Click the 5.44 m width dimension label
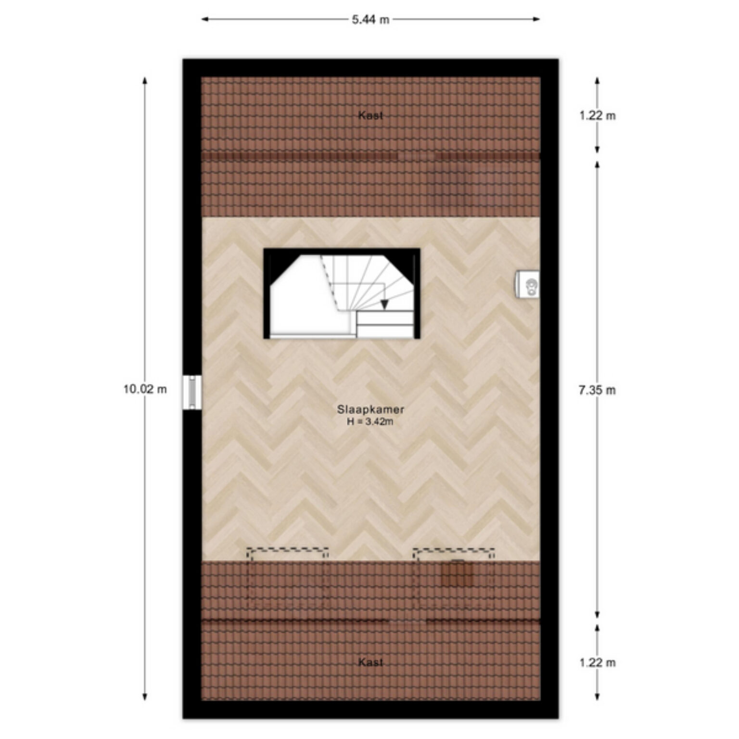click(370, 20)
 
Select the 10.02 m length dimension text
click(145, 389)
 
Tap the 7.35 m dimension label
click(597, 390)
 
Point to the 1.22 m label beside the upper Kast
click(597, 115)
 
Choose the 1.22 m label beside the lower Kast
click(597, 663)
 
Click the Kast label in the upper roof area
click(370, 115)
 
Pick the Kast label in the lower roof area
click(370, 663)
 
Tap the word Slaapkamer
click(370, 410)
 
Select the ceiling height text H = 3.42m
click(370, 422)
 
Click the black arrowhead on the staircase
click(384, 304)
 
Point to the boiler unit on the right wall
click(527, 284)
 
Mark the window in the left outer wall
click(192, 393)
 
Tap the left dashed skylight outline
click(287, 548)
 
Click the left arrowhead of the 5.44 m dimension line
click(204, 20)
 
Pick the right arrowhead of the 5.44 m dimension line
click(536, 20)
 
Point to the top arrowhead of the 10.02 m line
click(145, 80)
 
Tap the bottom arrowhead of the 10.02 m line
click(145, 697)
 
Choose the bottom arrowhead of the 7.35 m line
click(598, 615)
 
